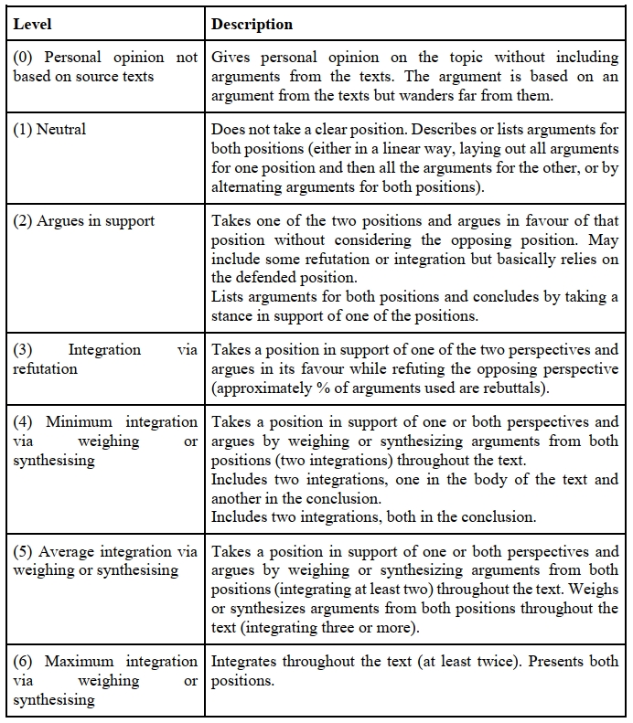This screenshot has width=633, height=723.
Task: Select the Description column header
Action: tap(252, 24)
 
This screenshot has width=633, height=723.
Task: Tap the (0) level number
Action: tap(23, 58)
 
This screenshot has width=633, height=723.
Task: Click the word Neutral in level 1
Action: tap(61, 129)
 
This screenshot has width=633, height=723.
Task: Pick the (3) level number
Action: tap(23, 350)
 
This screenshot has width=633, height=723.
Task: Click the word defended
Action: tap(278, 278)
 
